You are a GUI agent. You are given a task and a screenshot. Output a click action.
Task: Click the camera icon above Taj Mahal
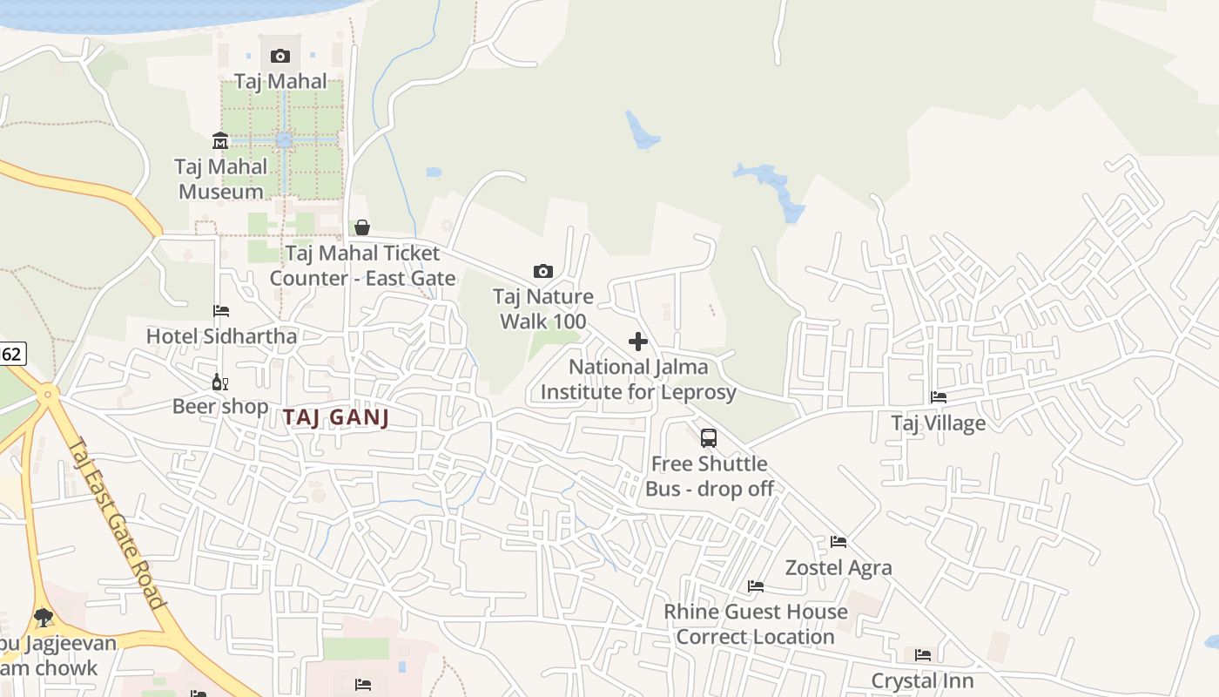[x=279, y=57]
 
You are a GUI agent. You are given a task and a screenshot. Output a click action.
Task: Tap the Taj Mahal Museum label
[x=220, y=179]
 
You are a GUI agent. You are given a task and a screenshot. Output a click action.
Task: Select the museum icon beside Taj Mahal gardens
[x=220, y=141]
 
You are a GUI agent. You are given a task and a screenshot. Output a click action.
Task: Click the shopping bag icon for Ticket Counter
[x=361, y=227]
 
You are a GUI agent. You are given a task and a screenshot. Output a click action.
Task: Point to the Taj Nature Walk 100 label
[x=543, y=308]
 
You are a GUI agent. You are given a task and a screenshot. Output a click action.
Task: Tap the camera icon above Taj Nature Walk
[x=542, y=272]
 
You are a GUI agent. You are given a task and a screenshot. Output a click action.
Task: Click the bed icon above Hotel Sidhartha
[x=221, y=311]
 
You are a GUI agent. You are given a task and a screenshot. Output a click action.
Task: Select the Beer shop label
[x=220, y=406]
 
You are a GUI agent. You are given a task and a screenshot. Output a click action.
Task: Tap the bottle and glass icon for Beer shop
[x=220, y=382]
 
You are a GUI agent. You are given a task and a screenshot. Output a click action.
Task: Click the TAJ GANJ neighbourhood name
[x=335, y=417]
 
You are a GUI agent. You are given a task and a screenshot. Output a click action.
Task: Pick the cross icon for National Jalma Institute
[x=638, y=342]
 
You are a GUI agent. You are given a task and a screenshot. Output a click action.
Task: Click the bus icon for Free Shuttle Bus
[x=709, y=438]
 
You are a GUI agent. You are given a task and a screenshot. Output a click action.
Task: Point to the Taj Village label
[x=938, y=423]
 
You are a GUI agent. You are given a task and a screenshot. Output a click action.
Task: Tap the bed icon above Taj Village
[x=939, y=397]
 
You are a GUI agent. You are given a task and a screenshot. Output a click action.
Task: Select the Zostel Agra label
[x=838, y=568]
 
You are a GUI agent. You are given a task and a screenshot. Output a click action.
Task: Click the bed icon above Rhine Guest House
[x=756, y=586]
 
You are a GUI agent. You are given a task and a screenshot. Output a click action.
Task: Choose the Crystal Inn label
[x=922, y=680]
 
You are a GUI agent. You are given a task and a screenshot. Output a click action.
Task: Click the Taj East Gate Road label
[x=117, y=523]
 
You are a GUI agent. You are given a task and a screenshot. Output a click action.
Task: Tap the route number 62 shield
[x=11, y=354]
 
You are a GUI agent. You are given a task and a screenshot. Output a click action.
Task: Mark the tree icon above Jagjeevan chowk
[x=43, y=618]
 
